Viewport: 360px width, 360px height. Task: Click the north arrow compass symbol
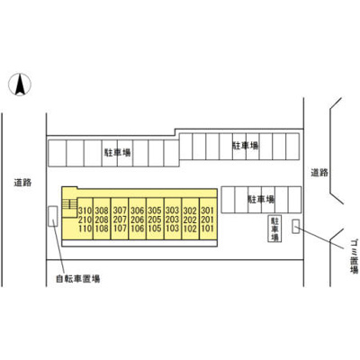[x=20, y=85]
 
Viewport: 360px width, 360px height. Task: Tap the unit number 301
[x=208, y=211]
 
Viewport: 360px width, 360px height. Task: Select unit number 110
[x=85, y=229]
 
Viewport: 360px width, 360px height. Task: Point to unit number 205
[x=155, y=220]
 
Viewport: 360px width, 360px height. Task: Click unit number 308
[x=102, y=211]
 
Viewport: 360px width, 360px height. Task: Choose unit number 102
[x=190, y=229]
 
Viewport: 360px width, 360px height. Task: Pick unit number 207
[x=120, y=220]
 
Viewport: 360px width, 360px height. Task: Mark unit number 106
[x=138, y=229]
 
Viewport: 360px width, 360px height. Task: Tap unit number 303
[x=172, y=211]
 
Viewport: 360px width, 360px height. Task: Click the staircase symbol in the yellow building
[x=69, y=204]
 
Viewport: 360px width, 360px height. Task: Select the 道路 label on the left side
[x=22, y=183]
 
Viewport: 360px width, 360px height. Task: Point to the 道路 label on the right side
[x=319, y=173]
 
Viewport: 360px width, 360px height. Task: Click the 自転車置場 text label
[x=78, y=279]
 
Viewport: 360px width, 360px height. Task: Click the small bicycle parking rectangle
[x=53, y=216]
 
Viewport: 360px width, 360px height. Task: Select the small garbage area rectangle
[x=296, y=226]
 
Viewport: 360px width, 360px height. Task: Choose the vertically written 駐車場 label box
[x=274, y=229]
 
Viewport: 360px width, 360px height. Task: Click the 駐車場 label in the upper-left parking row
[x=117, y=153]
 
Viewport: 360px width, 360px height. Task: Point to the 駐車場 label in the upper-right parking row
[x=246, y=146]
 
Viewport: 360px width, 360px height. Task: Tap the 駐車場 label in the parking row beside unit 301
[x=261, y=199]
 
